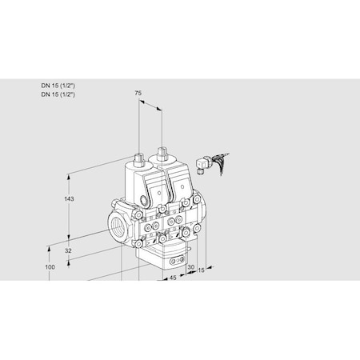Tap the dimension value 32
pyautogui.click(x=68, y=250)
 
